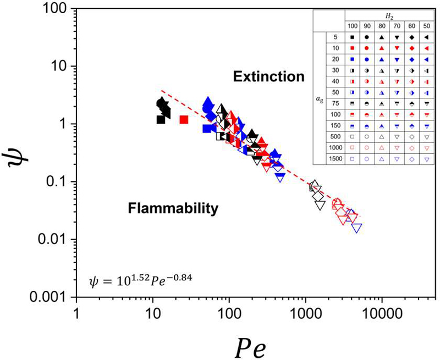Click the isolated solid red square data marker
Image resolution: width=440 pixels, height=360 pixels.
click(184, 119)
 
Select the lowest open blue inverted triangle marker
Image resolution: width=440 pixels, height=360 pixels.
click(357, 228)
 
